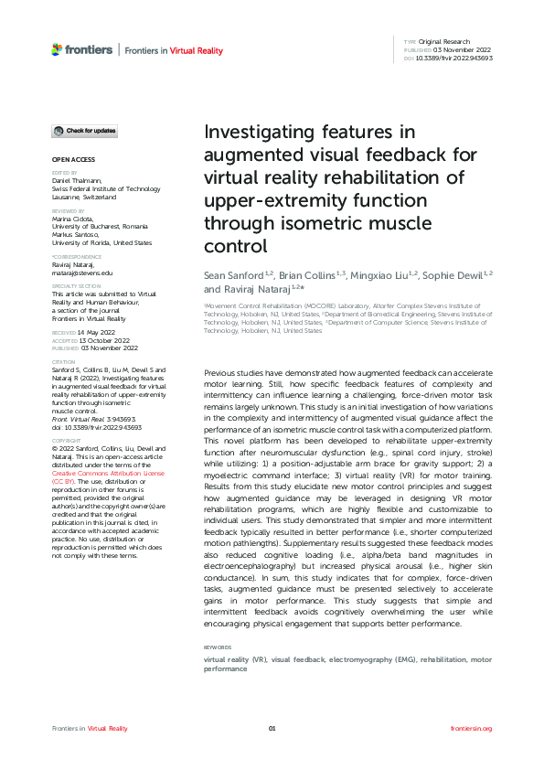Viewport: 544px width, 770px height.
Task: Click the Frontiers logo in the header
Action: pyautogui.click(x=82, y=50)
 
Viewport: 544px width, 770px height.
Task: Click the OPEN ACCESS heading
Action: pyautogui.click(x=68, y=161)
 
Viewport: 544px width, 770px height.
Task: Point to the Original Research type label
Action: pyautogui.click(x=444, y=43)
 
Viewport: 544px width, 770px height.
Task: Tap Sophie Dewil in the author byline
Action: pyautogui.click(x=464, y=273)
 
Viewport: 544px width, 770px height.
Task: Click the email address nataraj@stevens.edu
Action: pyautogui.click(x=82, y=273)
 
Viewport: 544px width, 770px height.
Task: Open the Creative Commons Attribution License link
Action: pyautogui.click(x=108, y=473)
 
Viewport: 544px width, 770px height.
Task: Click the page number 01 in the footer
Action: pyautogui.click(x=272, y=728)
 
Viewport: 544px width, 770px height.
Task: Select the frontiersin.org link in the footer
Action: pyautogui.click(x=472, y=728)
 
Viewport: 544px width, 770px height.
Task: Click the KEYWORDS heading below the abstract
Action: pyautogui.click(x=218, y=648)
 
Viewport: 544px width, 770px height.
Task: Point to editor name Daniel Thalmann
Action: pyautogui.click(x=77, y=179)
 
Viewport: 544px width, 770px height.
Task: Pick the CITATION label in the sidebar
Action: pyautogui.click(x=63, y=361)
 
